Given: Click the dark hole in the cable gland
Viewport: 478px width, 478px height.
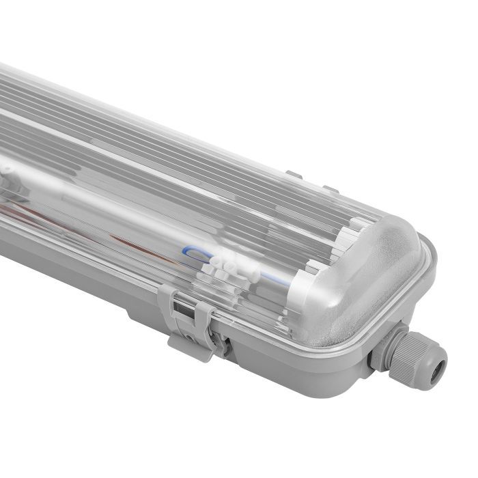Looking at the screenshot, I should (x=434, y=359).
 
